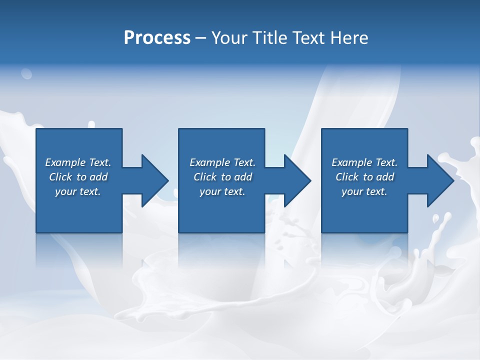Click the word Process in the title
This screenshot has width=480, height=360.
point(157,38)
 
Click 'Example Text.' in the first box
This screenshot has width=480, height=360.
point(78,162)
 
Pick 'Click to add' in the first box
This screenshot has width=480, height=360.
point(78,177)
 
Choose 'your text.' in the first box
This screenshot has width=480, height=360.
point(78,191)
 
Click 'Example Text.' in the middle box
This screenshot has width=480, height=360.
point(222,162)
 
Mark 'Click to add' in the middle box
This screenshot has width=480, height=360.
point(222,177)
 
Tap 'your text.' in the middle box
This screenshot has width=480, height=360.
point(222,191)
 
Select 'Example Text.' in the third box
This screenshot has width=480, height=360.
point(364,162)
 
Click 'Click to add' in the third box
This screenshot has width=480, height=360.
point(364,177)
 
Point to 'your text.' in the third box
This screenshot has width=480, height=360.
point(364,191)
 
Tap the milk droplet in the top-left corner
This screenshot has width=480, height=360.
point(26,74)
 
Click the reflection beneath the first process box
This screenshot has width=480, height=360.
point(79,250)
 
